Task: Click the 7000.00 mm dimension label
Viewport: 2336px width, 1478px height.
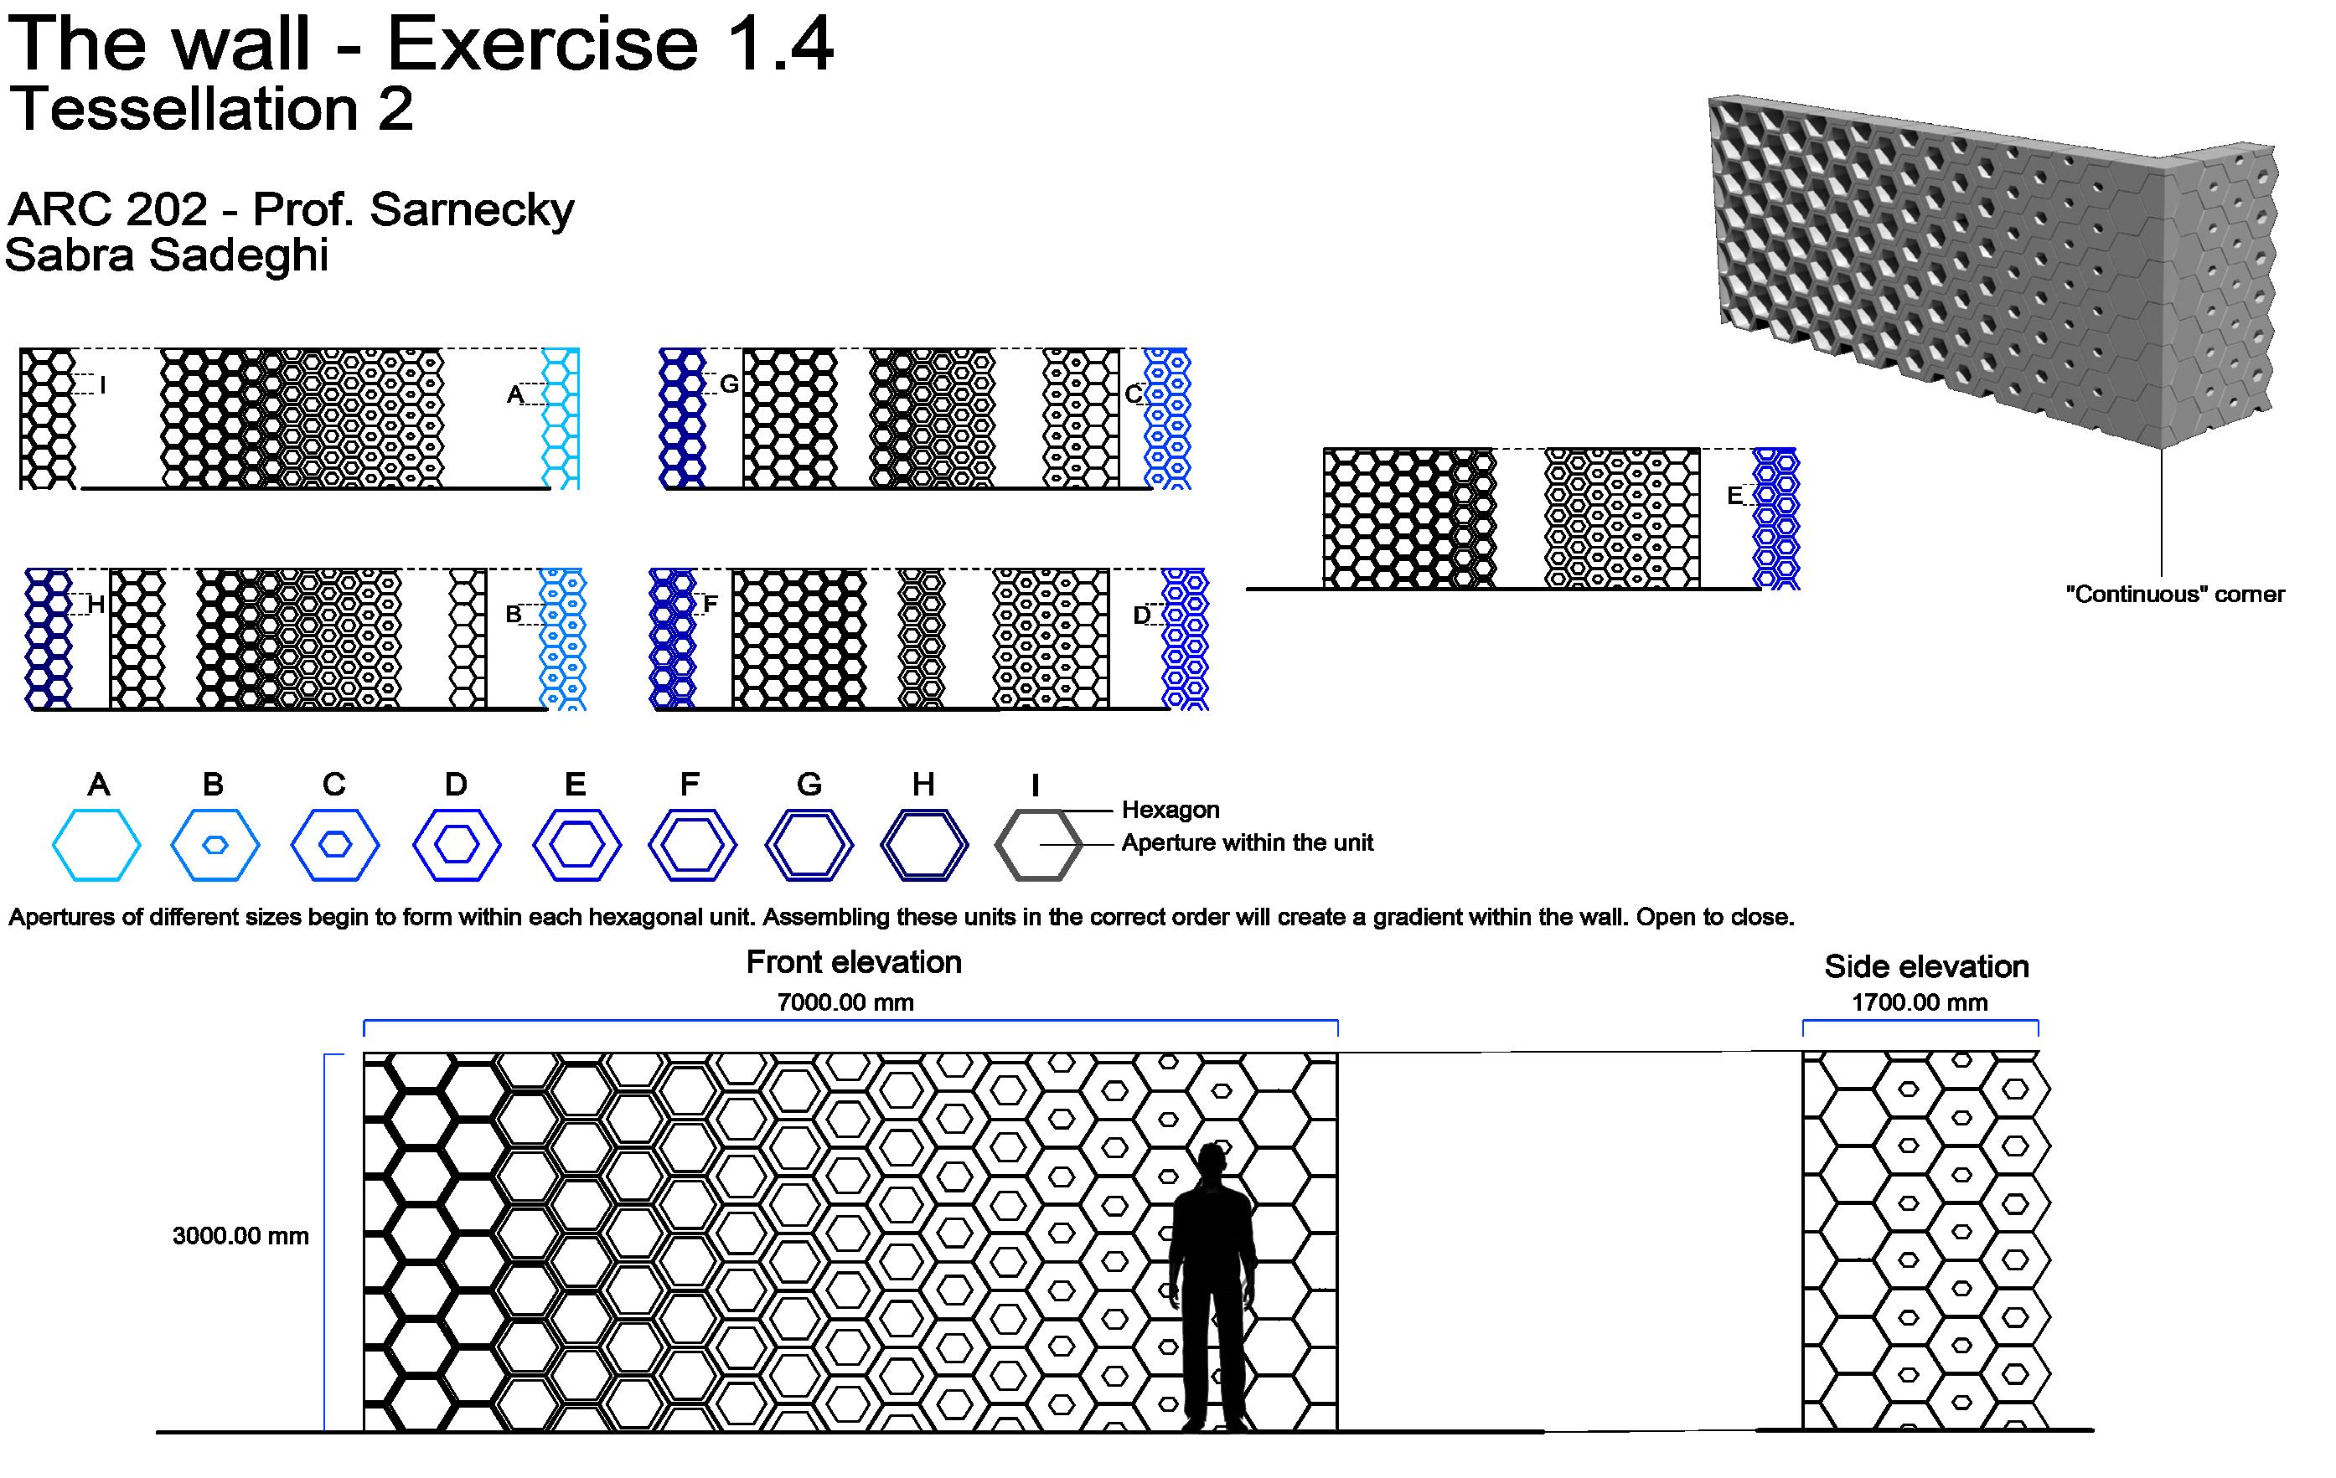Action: [845, 1003]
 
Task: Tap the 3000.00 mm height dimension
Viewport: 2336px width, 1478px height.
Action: [240, 1235]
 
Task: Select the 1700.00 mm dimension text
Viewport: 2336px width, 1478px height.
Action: [1919, 1003]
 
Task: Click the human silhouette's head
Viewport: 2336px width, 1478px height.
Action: [1212, 1160]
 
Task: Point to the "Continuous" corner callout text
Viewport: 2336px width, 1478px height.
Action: [2174, 595]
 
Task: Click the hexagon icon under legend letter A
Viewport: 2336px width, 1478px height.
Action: [97, 845]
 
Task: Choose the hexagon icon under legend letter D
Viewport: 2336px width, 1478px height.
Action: [457, 845]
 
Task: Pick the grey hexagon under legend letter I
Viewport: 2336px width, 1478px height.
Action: [1038, 845]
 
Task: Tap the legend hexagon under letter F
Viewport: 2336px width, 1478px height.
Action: [693, 845]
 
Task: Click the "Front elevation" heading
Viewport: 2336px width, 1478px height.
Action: [854, 962]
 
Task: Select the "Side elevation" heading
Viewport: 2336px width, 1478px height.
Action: [1926, 966]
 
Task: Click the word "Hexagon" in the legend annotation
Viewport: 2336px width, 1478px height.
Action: [1170, 810]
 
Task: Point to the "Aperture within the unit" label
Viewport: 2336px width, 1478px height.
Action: [1247, 842]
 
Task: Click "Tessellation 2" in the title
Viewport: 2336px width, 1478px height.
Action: [211, 109]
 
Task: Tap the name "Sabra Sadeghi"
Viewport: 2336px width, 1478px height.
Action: [167, 255]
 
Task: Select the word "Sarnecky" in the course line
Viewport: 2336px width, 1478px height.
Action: [472, 209]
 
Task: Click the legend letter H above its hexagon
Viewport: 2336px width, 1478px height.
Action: [923, 784]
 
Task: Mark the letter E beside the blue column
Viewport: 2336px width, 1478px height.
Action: [1734, 497]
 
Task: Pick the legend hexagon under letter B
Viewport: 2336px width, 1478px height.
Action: [215, 845]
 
